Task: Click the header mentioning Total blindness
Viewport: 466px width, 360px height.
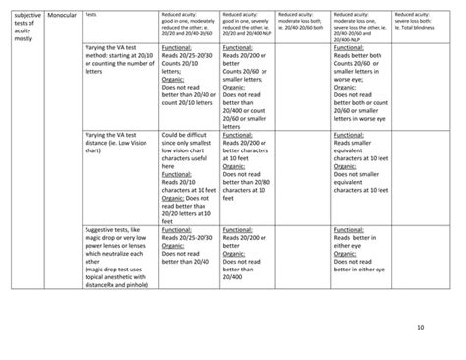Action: click(x=417, y=20)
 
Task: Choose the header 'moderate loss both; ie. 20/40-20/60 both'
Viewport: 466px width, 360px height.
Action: click(x=304, y=20)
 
